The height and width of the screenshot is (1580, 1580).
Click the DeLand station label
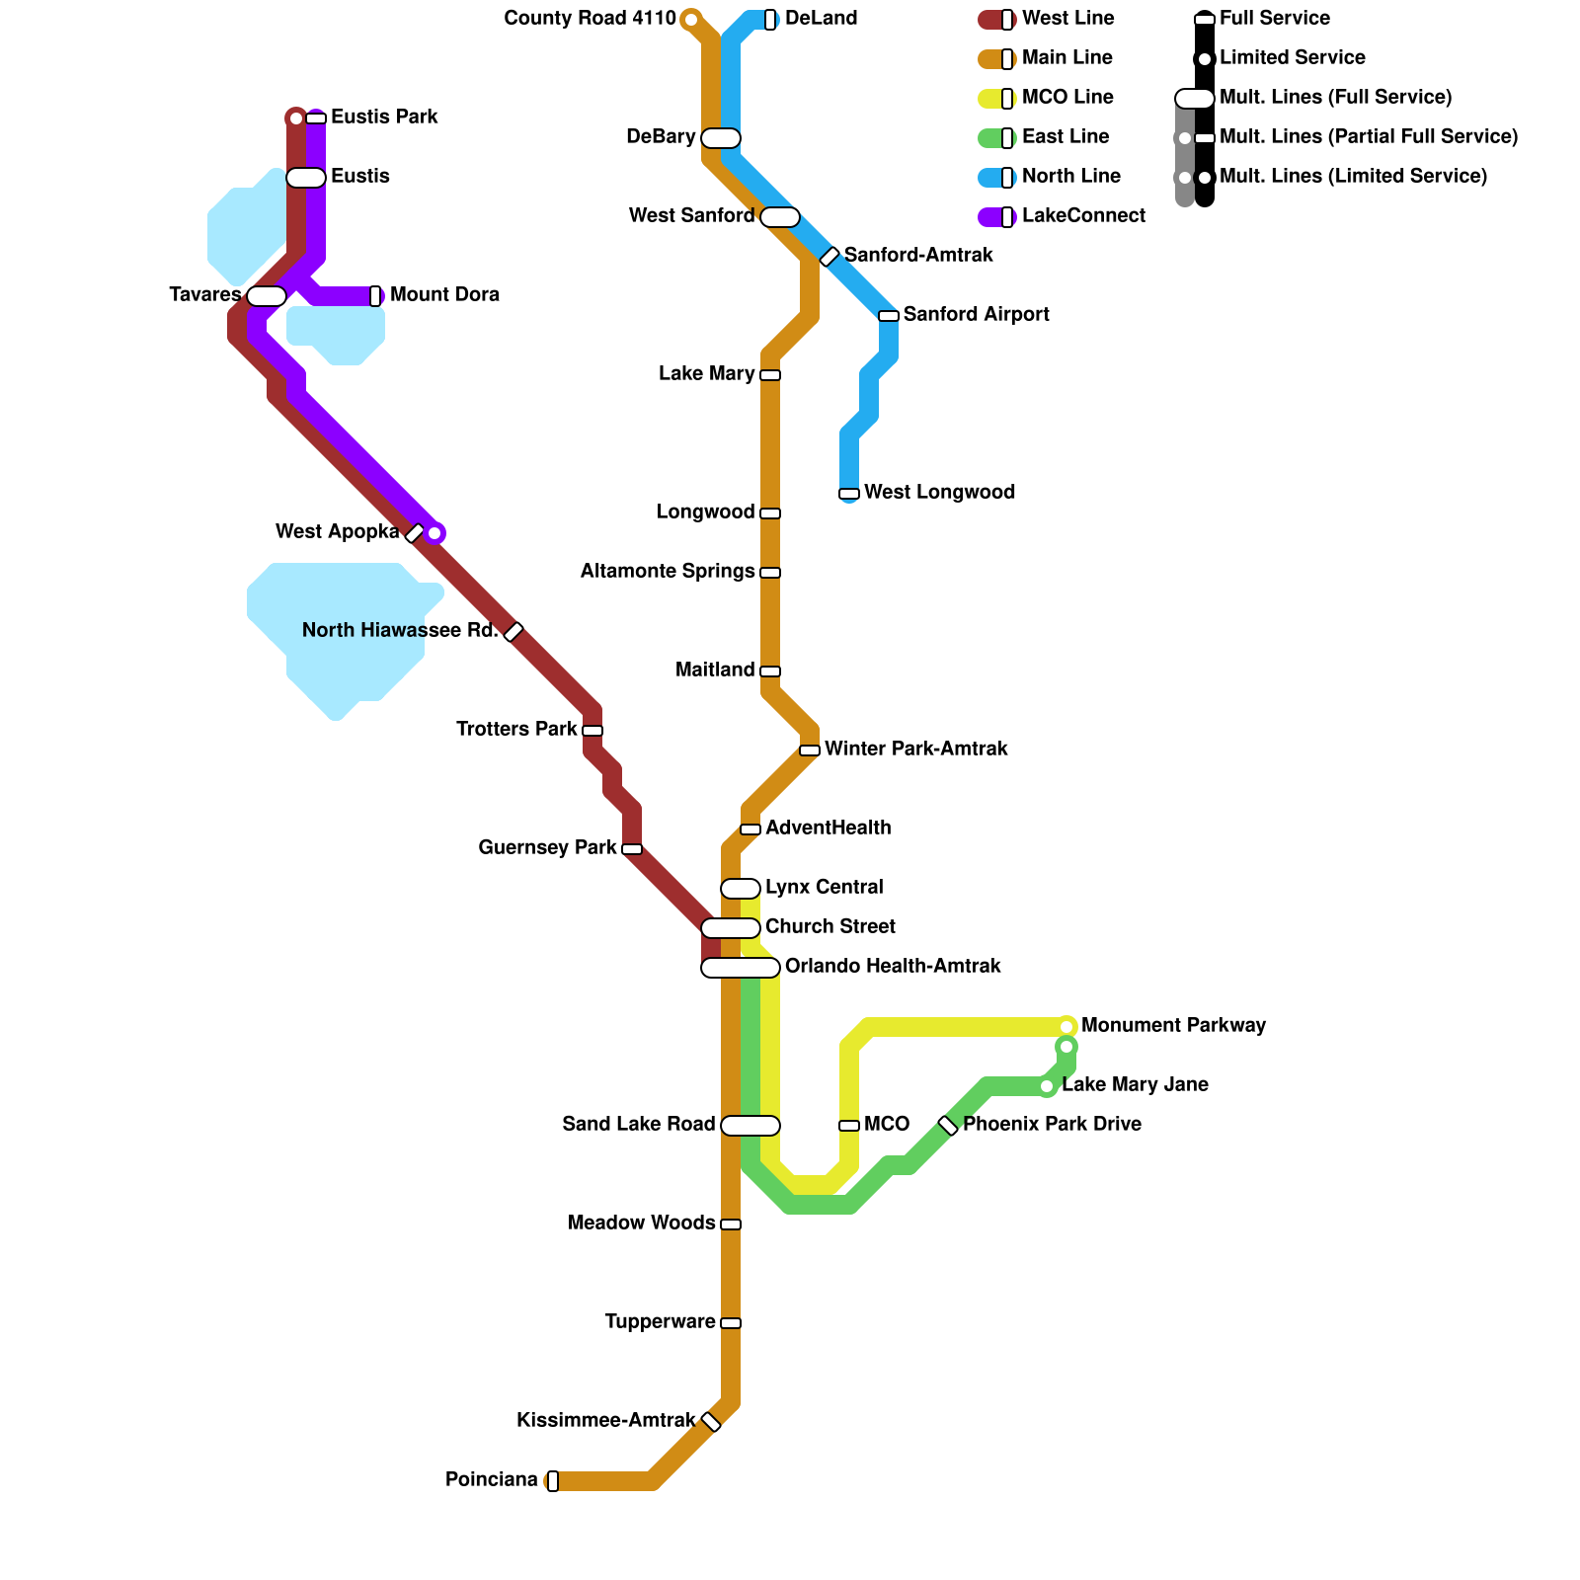(x=821, y=19)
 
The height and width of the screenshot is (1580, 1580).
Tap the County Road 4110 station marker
(x=691, y=20)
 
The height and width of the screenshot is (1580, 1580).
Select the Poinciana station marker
(x=553, y=1481)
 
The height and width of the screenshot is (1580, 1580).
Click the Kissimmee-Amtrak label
(x=605, y=1421)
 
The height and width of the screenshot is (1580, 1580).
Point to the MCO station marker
(x=849, y=1126)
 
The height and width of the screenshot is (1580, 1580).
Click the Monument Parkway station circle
(x=1066, y=1027)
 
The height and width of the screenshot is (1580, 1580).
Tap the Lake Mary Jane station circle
(x=1047, y=1086)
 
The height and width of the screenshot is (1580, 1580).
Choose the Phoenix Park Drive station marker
(x=948, y=1126)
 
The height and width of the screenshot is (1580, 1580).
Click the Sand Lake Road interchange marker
(x=750, y=1126)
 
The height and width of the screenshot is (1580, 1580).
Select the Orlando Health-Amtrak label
(x=893, y=967)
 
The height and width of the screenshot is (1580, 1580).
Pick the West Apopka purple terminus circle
(x=434, y=533)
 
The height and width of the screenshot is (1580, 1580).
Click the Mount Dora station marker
(x=375, y=296)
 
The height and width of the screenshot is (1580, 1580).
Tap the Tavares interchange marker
(x=267, y=296)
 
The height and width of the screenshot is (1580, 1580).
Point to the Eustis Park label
(x=384, y=118)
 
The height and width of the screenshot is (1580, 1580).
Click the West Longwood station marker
(x=849, y=494)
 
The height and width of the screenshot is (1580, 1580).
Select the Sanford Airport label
(x=976, y=315)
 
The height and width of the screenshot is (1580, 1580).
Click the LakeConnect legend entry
(x=1083, y=216)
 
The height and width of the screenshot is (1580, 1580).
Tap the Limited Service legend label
(x=1292, y=58)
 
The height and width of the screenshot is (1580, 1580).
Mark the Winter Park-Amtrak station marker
(x=810, y=750)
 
